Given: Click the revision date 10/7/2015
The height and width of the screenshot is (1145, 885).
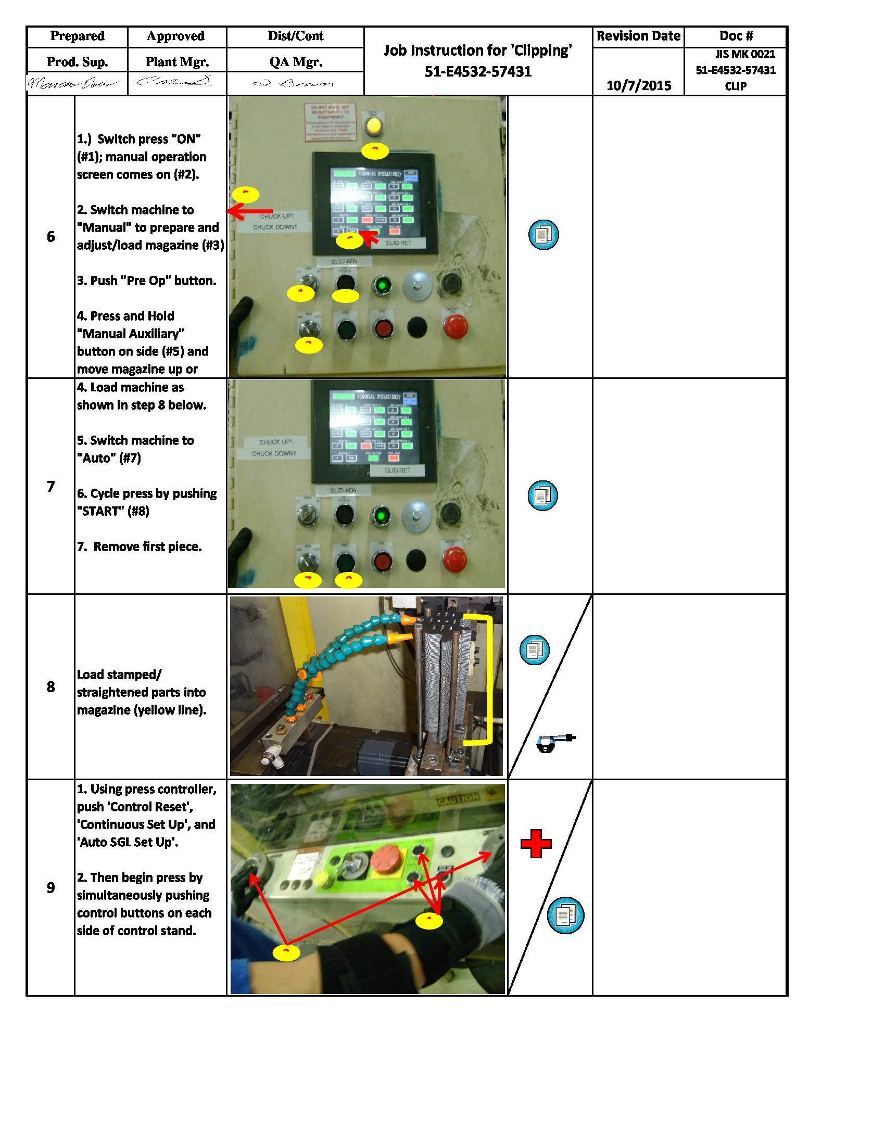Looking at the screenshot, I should (x=638, y=85).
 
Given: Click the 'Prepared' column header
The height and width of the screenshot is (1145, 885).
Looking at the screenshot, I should (x=77, y=36).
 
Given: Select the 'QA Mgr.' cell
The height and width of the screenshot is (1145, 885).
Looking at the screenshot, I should (x=295, y=62).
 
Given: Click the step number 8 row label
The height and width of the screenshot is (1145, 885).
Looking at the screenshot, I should (x=50, y=686).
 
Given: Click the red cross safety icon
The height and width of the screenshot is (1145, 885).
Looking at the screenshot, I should (x=536, y=844).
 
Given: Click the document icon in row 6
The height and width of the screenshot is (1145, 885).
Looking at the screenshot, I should (x=543, y=234).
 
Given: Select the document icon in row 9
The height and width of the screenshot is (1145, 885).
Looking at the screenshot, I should (x=565, y=915).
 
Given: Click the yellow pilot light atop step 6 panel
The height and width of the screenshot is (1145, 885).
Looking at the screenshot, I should (x=374, y=126).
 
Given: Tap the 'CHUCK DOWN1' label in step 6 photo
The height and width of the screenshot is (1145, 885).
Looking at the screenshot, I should (x=275, y=227).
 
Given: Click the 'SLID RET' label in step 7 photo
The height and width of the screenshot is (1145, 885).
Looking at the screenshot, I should (x=397, y=470).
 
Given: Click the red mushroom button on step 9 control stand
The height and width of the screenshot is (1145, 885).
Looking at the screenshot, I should (x=385, y=859).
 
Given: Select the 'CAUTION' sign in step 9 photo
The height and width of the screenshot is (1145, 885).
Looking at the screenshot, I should (x=457, y=799).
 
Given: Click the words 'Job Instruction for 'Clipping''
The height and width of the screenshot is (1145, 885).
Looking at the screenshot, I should (x=477, y=51).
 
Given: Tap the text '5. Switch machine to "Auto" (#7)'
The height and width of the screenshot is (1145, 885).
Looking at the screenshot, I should (x=135, y=449).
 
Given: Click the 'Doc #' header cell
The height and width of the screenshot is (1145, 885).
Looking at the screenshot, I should (x=735, y=36).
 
